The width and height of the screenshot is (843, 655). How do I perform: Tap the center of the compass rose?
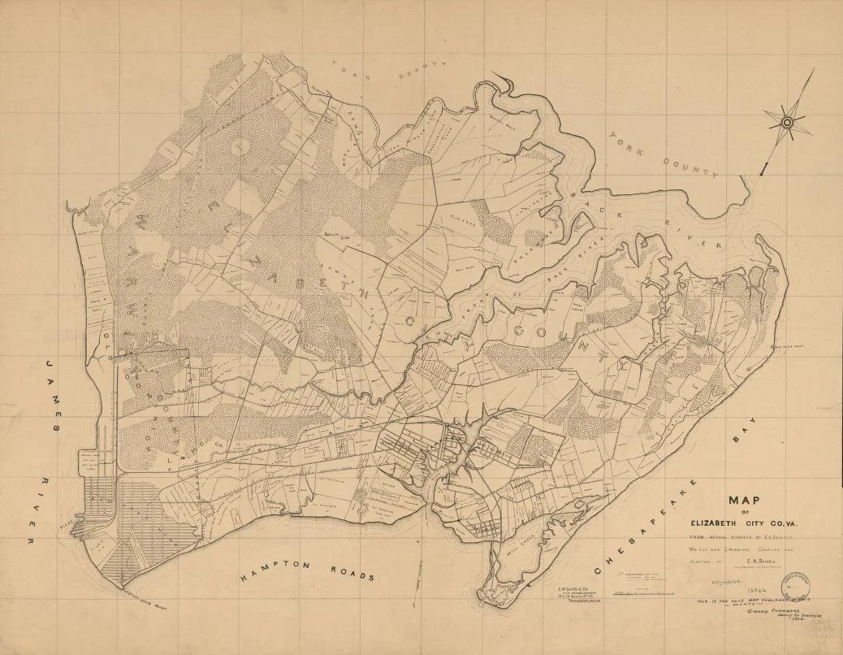[x=787, y=123]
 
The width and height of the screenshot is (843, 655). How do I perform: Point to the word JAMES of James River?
[x=58, y=398]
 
